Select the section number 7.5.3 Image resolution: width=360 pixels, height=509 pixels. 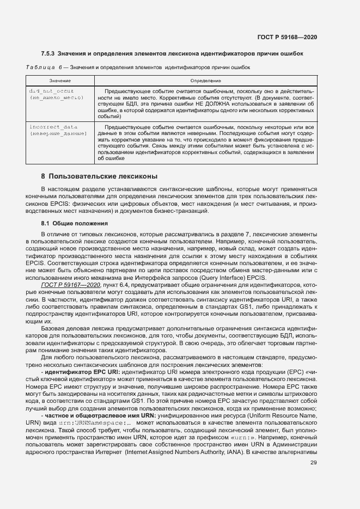[x=49, y=54]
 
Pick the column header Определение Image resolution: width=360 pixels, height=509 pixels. [x=205, y=80]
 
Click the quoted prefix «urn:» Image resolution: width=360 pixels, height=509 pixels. [x=255, y=439]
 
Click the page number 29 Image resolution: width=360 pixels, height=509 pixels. [x=313, y=478]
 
